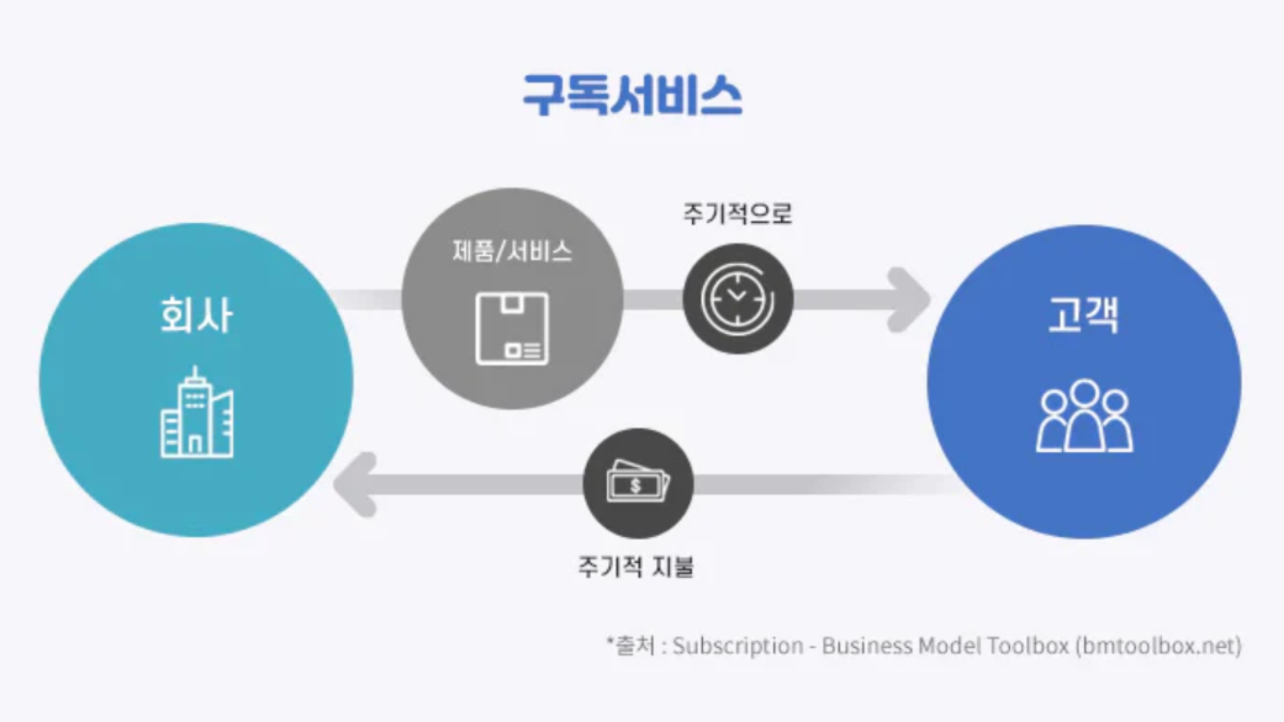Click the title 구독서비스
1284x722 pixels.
pos(632,96)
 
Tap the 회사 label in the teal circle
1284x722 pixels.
pos(196,315)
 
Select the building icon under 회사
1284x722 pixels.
pos(197,413)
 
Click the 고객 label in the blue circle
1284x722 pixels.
pos(1083,315)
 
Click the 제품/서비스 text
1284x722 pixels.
pos(512,252)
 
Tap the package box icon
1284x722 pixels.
pos(512,328)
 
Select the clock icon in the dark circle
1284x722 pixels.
pos(738,298)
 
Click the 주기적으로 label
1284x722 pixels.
pos(737,214)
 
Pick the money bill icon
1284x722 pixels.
pos(638,483)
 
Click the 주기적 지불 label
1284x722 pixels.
pos(636,567)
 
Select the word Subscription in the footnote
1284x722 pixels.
pos(738,646)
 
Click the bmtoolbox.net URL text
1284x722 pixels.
pos(1159,646)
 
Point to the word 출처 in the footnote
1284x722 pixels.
pos(635,646)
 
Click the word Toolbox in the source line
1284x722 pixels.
pos(1028,646)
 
